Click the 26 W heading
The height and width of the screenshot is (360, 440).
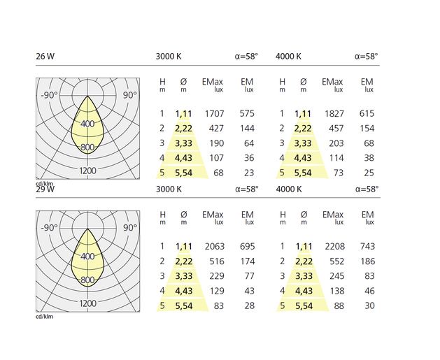click(45, 57)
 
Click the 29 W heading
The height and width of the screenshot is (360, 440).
click(45, 189)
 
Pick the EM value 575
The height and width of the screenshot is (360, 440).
click(248, 113)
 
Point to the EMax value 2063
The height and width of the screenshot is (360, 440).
click(214, 246)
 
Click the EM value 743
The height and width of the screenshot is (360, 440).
click(367, 246)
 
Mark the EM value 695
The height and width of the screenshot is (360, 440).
click(248, 246)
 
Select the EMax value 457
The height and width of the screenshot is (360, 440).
click(336, 128)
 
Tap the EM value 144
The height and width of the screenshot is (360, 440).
click(248, 128)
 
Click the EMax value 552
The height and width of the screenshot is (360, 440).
click(336, 261)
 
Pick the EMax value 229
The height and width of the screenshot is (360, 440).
click(216, 275)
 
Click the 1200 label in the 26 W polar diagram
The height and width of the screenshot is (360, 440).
click(87, 171)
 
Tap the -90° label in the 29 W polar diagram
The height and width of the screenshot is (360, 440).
click(48, 228)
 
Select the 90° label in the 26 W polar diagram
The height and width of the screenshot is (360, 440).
click(130, 95)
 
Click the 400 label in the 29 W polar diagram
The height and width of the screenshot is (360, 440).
click(87, 257)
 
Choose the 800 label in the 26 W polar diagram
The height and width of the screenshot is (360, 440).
click(87, 147)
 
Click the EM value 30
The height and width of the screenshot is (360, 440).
click(369, 305)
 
